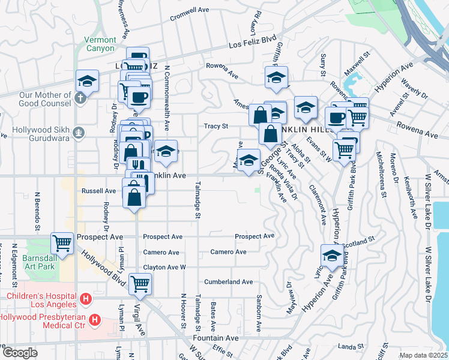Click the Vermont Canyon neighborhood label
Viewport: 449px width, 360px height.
click(x=100, y=44)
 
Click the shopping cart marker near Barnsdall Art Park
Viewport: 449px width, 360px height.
click(x=62, y=242)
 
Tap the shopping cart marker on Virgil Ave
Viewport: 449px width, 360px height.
click(x=140, y=283)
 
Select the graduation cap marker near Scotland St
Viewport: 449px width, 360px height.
click(x=331, y=254)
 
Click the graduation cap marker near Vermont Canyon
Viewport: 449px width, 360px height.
click(x=87, y=80)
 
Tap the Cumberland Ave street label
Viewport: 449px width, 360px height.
click(x=229, y=281)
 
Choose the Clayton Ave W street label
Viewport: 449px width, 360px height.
click(x=164, y=267)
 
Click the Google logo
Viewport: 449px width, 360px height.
click(x=19, y=353)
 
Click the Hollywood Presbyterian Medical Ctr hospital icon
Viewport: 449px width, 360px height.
click(x=94, y=322)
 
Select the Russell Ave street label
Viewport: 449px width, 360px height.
click(x=98, y=191)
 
